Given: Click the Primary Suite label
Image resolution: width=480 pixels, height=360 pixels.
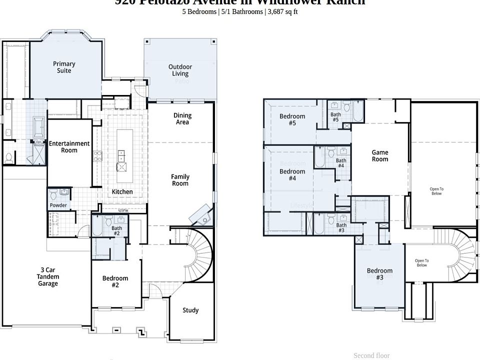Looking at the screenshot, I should [64, 67].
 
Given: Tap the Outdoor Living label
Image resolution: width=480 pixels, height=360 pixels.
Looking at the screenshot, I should [180, 70].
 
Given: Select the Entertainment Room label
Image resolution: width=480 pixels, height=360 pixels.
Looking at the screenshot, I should [69, 147].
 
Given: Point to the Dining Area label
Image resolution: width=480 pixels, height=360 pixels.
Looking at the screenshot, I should [182, 118].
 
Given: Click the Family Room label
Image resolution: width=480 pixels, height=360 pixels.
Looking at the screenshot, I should [180, 180].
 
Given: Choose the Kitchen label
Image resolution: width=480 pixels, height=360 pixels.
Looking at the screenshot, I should [122, 191].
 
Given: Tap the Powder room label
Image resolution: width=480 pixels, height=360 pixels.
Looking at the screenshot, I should [58, 205].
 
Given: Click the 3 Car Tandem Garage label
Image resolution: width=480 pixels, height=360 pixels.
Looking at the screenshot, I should [48, 276].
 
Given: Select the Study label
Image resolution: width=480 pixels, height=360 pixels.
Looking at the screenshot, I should [190, 310].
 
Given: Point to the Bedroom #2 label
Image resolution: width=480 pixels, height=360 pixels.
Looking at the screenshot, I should [115, 281].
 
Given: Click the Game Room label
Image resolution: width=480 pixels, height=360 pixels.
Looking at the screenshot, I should [380, 155].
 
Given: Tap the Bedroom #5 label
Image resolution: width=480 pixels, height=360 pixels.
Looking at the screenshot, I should [292, 119].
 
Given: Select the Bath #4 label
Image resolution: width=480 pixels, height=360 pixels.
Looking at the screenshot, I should [341, 162].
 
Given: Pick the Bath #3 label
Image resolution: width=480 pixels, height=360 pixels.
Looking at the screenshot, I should [341, 227].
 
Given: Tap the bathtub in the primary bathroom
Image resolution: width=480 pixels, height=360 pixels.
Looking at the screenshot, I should [38, 127].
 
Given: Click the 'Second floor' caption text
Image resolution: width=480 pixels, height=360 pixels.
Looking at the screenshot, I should [371, 355].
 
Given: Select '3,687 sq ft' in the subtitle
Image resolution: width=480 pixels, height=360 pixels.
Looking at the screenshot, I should [283, 11].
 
